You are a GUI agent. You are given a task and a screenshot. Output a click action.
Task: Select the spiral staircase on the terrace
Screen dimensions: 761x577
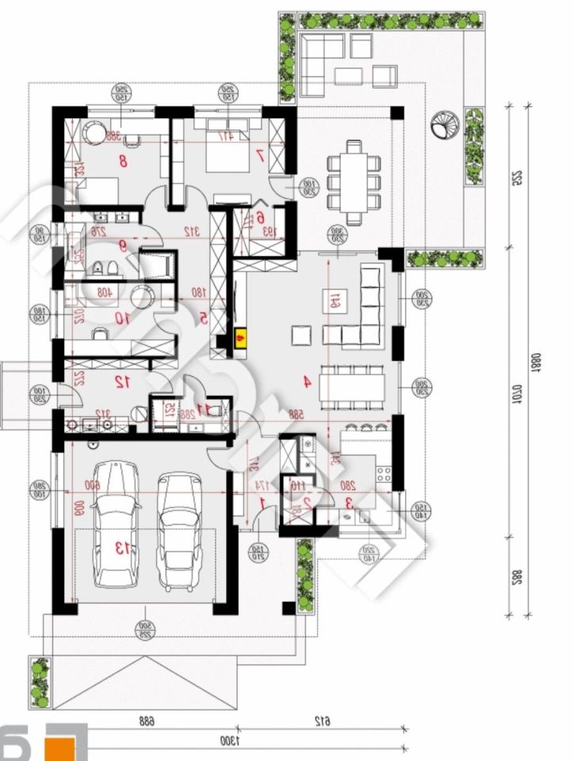click(441, 128)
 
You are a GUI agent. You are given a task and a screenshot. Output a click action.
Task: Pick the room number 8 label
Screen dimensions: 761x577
click(123, 162)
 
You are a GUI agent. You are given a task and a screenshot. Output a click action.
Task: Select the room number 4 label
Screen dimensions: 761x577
click(306, 381)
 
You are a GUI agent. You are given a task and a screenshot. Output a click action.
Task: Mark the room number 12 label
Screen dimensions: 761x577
click(122, 382)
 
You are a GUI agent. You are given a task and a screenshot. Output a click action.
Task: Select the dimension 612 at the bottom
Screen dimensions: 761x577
click(322, 721)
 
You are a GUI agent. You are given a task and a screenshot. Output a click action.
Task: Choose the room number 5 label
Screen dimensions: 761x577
click(203, 318)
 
